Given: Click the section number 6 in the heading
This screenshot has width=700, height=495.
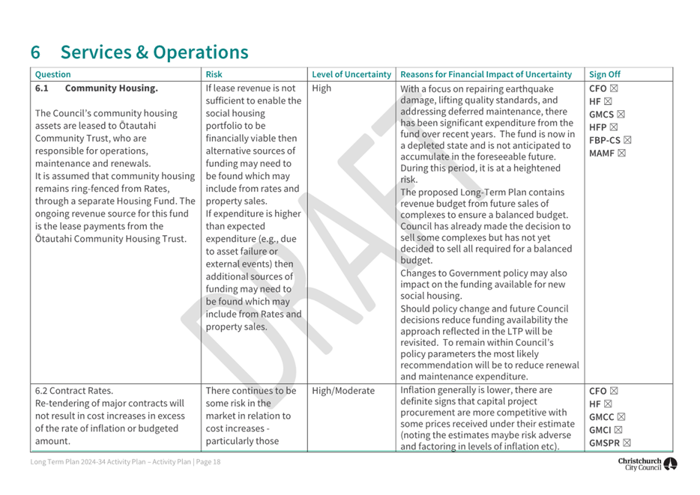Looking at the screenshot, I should click(36, 52).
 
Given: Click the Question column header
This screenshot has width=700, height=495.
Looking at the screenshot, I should click(53, 74).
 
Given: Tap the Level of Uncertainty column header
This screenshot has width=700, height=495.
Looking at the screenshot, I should click(351, 74).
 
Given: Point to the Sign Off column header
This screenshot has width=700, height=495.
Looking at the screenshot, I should click(605, 74).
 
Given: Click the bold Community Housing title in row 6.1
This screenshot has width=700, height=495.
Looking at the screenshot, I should click(111, 88).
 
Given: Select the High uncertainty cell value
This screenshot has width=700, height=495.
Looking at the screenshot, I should click(322, 88).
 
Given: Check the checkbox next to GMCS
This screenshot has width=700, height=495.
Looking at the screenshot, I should click(621, 115).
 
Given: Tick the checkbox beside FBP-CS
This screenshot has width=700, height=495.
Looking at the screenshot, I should click(628, 140).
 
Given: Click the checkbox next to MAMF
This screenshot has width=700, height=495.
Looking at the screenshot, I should click(621, 154).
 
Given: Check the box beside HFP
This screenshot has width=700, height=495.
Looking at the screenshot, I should click(612, 127).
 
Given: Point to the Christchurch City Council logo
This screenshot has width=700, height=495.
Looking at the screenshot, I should click(648, 464).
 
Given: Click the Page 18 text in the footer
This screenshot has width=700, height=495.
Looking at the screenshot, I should click(206, 462).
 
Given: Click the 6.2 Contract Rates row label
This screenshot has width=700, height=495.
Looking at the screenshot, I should click(74, 391).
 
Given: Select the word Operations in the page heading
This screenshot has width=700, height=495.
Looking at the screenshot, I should click(200, 52).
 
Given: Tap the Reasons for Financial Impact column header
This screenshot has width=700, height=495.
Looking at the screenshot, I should click(486, 74).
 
